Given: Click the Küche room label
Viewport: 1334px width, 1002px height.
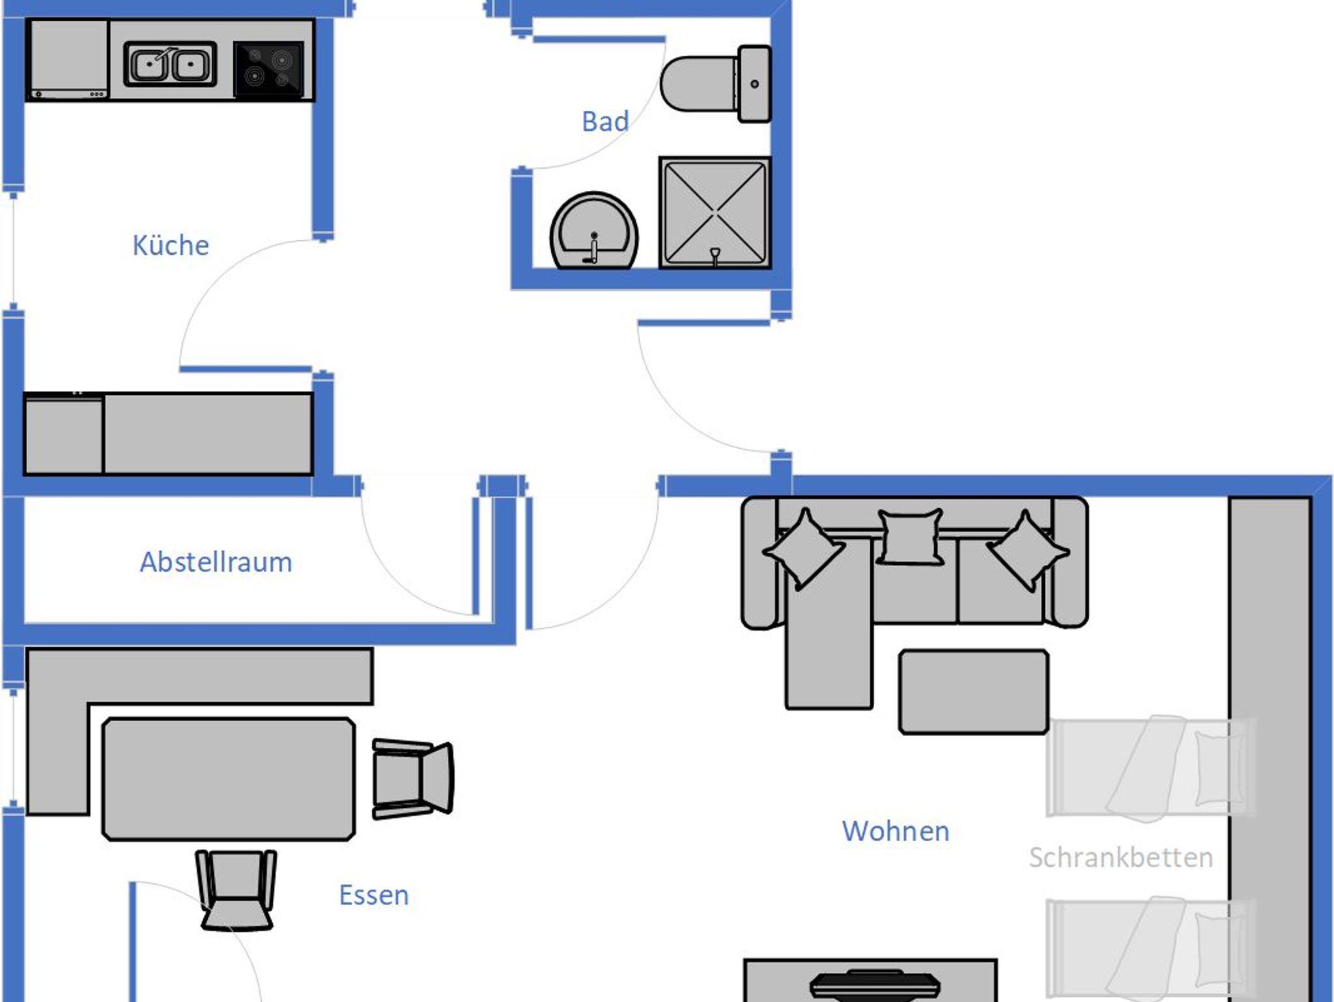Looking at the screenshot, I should (x=171, y=246).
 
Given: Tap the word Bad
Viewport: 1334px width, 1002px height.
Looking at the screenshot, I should (x=605, y=122).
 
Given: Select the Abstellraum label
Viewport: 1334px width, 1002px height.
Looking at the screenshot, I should (x=216, y=562).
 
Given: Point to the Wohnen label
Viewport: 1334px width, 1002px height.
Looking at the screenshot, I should (x=896, y=831).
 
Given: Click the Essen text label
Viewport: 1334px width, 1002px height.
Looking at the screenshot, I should (x=374, y=895).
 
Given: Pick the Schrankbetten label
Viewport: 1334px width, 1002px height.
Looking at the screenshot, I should (x=1120, y=857).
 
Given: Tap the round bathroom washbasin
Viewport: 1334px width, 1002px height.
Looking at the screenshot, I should (x=594, y=231).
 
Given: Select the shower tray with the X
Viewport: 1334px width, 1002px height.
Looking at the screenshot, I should (x=715, y=212).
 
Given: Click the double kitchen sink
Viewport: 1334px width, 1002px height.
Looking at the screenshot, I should (x=170, y=64).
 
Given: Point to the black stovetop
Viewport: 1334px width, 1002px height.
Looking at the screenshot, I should (x=268, y=69).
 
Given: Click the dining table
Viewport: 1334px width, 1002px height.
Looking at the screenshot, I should (x=229, y=779).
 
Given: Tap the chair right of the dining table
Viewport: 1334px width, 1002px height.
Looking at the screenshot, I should (x=412, y=779).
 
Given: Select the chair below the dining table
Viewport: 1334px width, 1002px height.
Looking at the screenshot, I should (x=236, y=890).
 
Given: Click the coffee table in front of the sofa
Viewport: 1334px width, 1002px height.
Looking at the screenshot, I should (x=973, y=692).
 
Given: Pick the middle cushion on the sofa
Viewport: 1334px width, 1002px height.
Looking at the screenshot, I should (x=910, y=536).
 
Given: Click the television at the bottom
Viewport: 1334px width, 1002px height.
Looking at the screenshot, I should (x=875, y=985).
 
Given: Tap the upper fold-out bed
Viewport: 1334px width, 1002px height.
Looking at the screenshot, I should (x=1150, y=767).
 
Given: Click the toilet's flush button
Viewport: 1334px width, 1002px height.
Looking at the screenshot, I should (x=754, y=84).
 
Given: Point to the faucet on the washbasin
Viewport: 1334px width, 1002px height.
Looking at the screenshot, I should (x=593, y=250).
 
